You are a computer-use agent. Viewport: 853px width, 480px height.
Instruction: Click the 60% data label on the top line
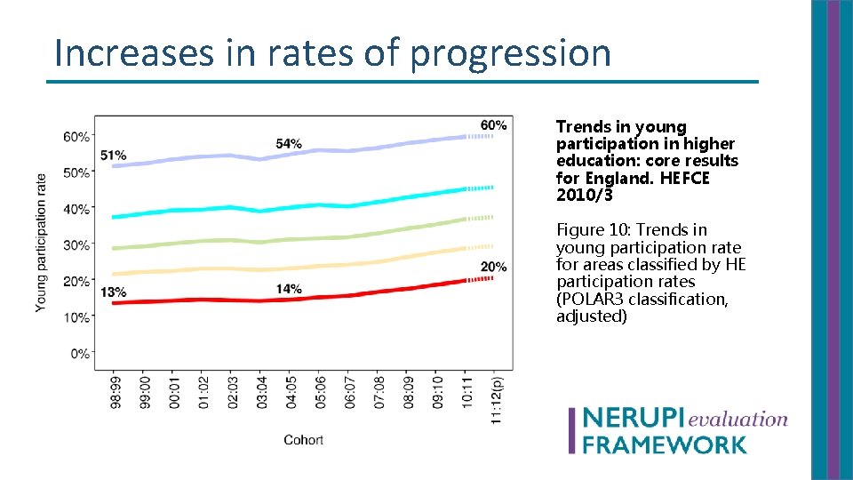[x=493, y=124]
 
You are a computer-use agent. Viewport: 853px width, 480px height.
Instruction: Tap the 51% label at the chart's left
[x=113, y=156]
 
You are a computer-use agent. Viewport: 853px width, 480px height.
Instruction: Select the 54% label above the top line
[x=289, y=143]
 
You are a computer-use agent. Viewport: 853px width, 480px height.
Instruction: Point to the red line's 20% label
[x=493, y=267]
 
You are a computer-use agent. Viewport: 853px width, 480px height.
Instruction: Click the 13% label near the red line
[x=113, y=292]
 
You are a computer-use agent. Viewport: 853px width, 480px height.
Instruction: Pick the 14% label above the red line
[x=289, y=289]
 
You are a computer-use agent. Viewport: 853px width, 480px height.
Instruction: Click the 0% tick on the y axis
[x=80, y=353]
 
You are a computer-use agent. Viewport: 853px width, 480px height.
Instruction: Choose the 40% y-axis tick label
[x=77, y=209]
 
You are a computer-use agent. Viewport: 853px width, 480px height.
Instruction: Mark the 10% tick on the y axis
[x=77, y=317]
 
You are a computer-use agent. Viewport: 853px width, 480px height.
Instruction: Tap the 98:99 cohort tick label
[x=116, y=391]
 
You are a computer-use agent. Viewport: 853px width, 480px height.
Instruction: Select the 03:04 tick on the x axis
[x=260, y=391]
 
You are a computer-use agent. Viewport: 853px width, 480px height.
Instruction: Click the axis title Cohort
[x=303, y=440]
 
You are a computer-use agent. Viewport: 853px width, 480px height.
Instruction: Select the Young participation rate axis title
[x=42, y=242]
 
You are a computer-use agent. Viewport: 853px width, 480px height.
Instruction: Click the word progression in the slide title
[x=511, y=53]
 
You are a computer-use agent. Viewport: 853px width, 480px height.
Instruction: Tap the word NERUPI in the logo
[x=632, y=420]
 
